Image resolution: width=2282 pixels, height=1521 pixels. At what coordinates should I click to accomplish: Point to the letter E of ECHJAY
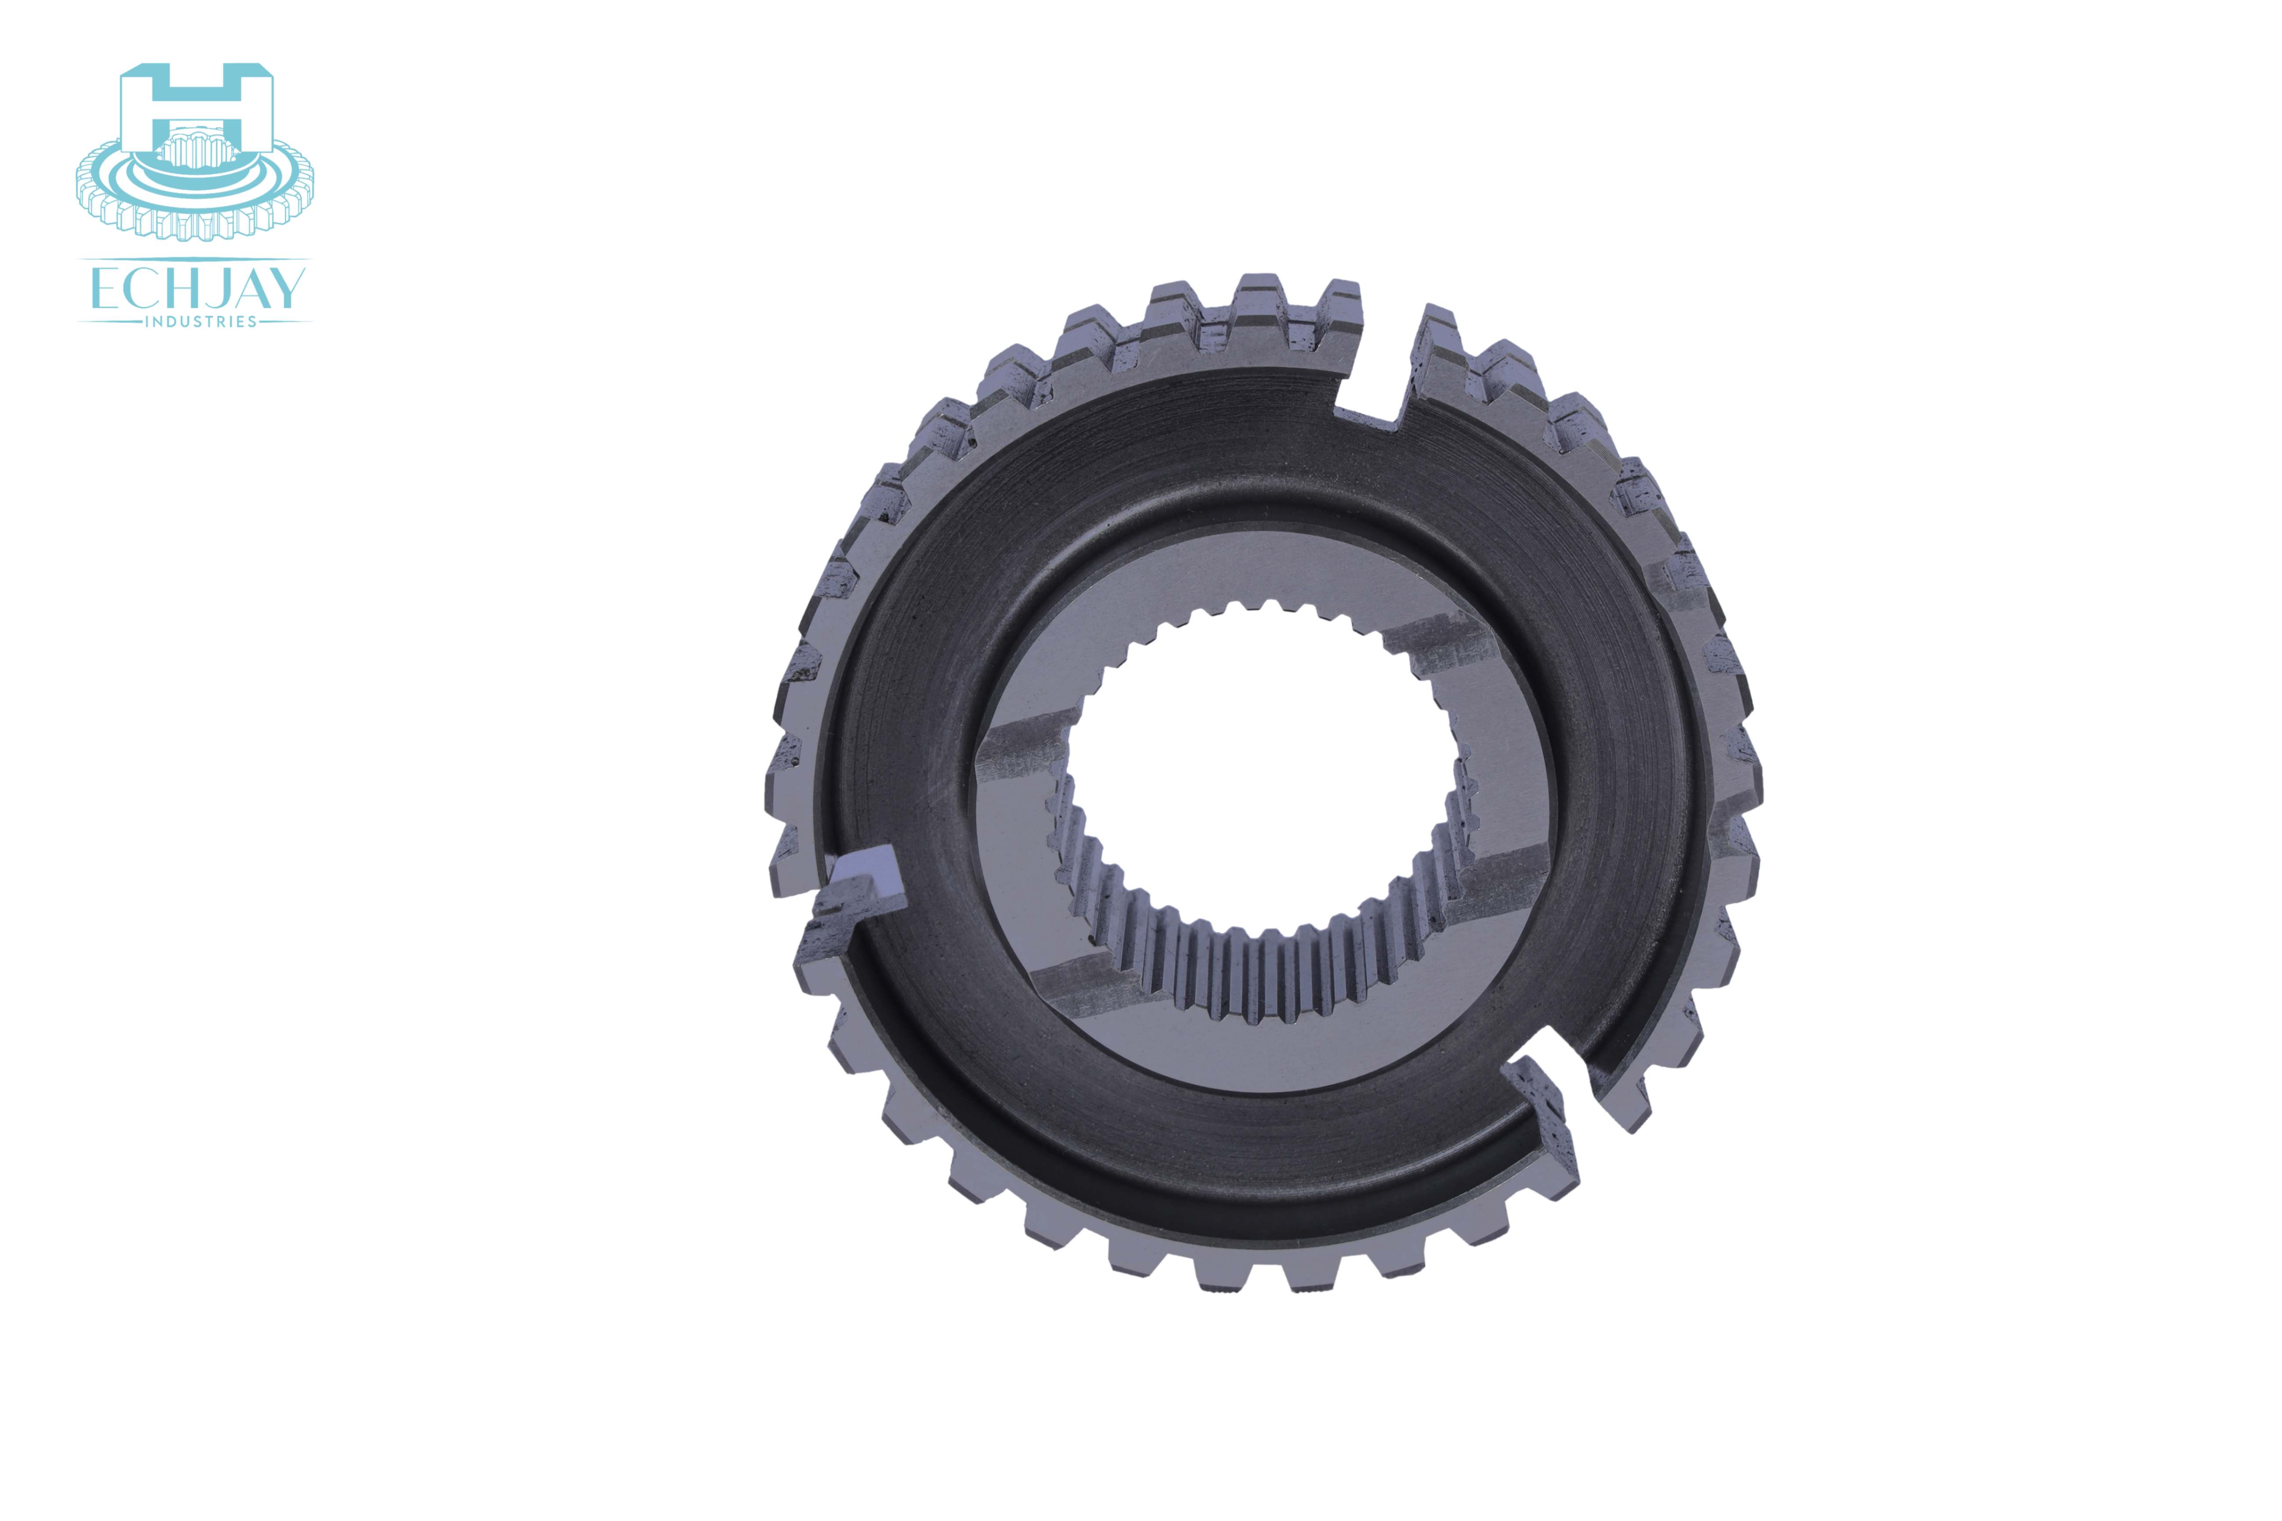tap(103, 289)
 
